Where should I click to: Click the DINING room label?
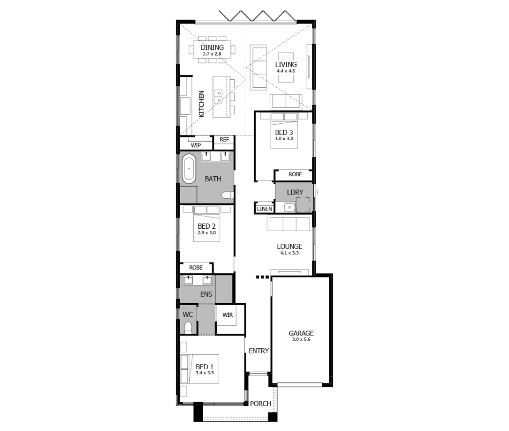[212, 48]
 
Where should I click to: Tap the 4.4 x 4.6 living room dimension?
[286, 71]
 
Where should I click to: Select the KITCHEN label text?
[201, 104]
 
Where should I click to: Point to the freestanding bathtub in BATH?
[188, 169]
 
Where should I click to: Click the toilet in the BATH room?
[228, 195]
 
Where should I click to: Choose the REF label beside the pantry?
[224, 139]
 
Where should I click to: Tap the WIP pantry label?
[196, 145]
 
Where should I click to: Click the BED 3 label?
[284, 132]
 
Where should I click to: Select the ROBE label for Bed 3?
[295, 174]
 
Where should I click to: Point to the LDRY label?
[295, 192]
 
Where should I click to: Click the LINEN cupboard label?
[265, 209]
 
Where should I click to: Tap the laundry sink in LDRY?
[289, 207]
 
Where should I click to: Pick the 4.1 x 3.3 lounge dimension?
[290, 253]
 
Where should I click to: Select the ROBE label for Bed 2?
[196, 267]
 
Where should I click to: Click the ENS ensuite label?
[206, 294]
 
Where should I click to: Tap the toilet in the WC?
[188, 328]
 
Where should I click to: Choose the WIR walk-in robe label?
[228, 315]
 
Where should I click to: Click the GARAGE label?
[301, 333]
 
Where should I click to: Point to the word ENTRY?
[259, 351]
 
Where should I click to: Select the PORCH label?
[260, 404]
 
